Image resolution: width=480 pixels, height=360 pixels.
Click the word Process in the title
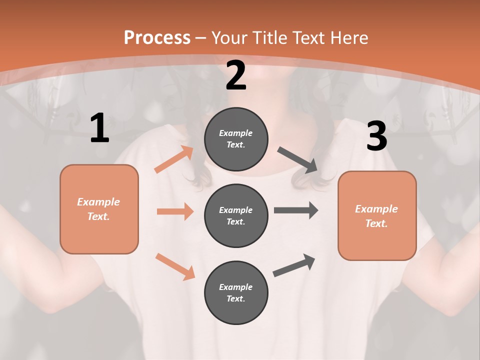click(x=157, y=38)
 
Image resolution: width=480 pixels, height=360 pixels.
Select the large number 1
click(x=99, y=128)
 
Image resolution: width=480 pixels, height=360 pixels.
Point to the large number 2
click(x=236, y=76)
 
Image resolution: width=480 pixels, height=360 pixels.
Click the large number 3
click(x=376, y=136)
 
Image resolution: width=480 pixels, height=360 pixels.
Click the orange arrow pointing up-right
click(x=173, y=160)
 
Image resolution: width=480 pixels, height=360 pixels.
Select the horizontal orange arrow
click(x=175, y=211)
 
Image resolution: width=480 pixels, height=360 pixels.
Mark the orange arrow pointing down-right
click(x=175, y=266)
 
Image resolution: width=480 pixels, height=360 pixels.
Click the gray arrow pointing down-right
click(x=297, y=160)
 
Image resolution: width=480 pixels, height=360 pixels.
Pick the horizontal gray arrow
click(x=296, y=210)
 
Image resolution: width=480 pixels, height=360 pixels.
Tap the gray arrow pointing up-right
click(x=294, y=265)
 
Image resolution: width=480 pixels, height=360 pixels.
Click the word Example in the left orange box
click(x=98, y=202)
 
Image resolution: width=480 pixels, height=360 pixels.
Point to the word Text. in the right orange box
click(x=376, y=223)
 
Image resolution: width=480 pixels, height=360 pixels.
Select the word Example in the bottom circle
click(x=236, y=287)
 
